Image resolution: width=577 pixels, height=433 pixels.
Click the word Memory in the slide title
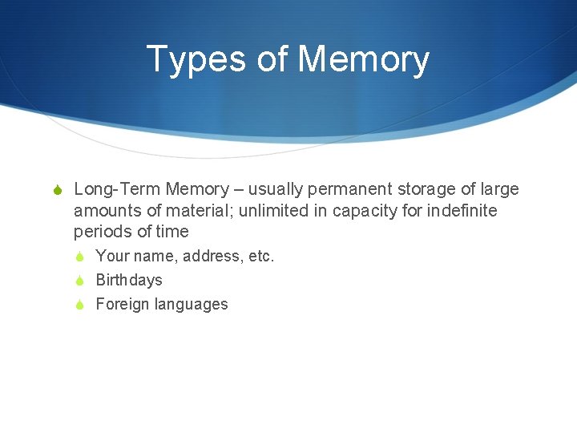[363, 60]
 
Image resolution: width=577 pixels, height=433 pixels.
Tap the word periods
[100, 233]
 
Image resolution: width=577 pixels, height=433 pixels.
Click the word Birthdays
[128, 280]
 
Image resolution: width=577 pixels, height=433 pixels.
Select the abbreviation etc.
[262, 257]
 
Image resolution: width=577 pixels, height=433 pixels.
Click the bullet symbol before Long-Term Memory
[57, 190]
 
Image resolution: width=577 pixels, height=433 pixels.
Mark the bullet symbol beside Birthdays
[81, 281]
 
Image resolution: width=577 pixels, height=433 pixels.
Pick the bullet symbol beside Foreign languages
[81, 305]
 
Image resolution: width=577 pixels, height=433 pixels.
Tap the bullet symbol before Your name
[81, 257]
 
